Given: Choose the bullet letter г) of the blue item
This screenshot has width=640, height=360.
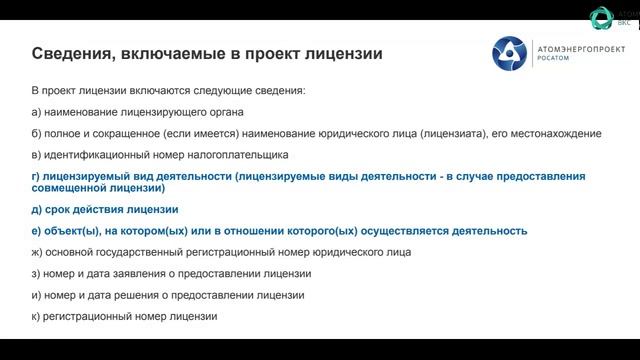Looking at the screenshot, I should coord(37,177).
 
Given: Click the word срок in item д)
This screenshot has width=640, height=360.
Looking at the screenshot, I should coord(58,210).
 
